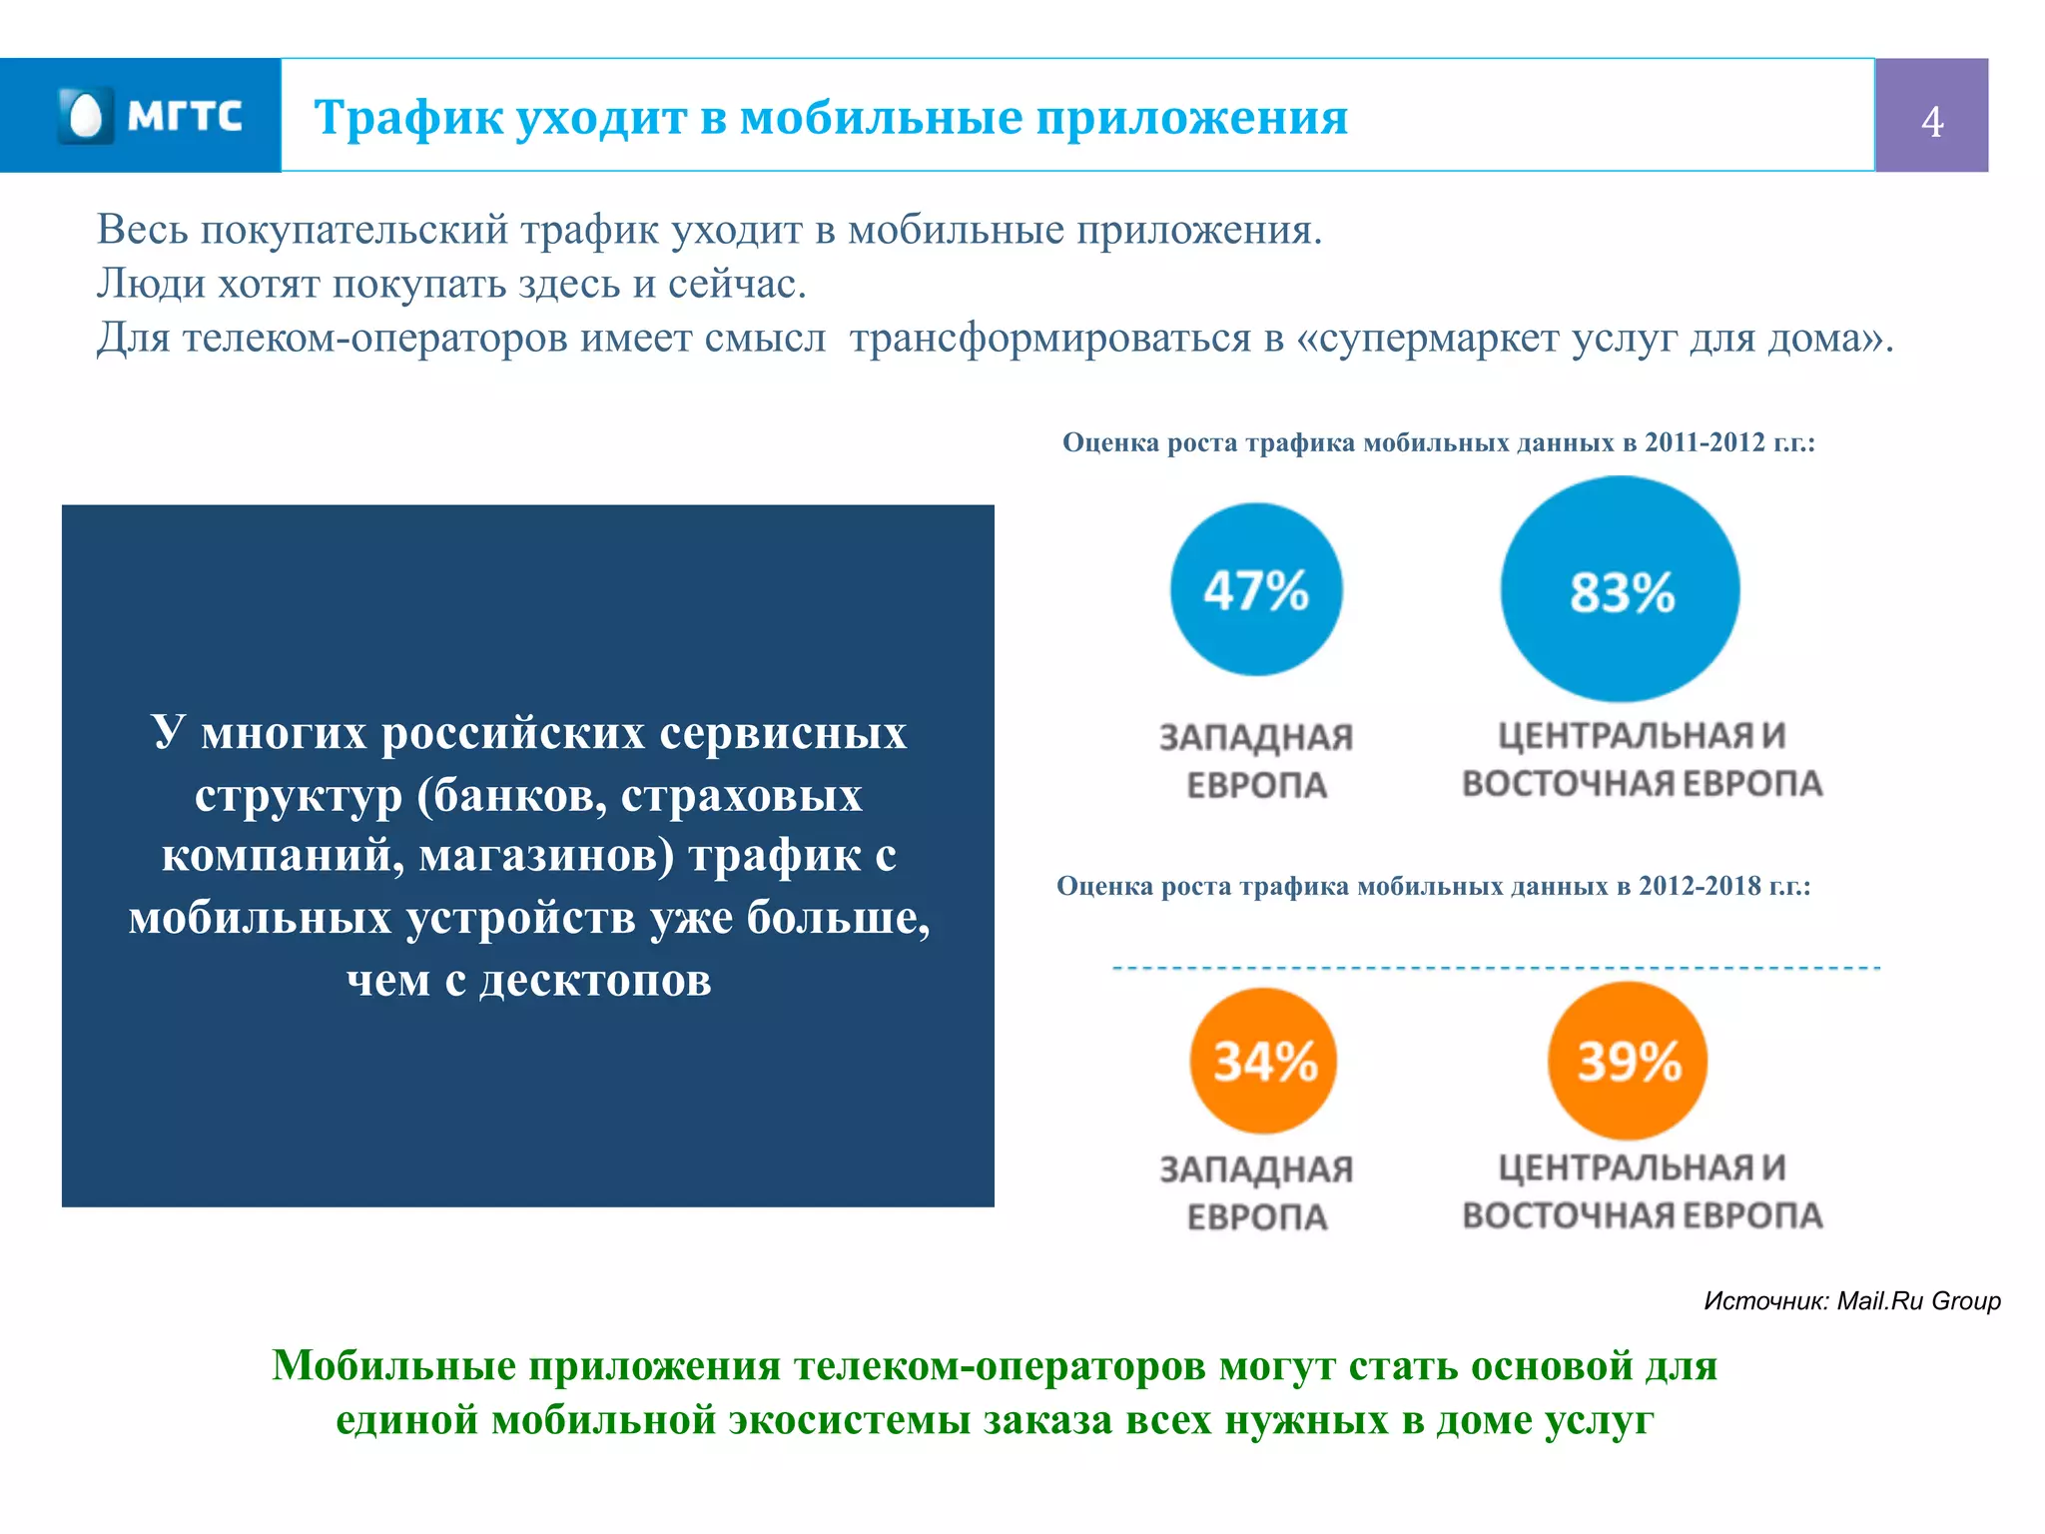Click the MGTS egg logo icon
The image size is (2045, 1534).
tap(86, 116)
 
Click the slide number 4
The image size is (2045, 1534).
tap(1931, 122)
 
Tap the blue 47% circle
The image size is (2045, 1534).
tap(1255, 589)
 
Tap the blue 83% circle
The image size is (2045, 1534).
tap(1620, 590)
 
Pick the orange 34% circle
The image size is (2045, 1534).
tap(1263, 1061)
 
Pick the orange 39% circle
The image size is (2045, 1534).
tap(1628, 1061)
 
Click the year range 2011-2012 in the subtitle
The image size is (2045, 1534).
tap(1704, 442)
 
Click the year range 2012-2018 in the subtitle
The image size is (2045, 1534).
tap(1700, 886)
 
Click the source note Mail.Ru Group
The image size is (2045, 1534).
tap(1918, 1300)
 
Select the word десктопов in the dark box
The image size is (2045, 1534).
tap(595, 981)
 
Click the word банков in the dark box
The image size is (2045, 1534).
tap(519, 796)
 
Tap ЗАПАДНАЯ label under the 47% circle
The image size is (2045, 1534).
tap(1255, 738)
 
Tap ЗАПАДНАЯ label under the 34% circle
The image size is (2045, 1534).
tap(1255, 1169)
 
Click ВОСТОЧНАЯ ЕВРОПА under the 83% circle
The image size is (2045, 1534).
tap(1642, 784)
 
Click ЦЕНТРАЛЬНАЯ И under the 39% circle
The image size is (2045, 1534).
tap(1642, 1167)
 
